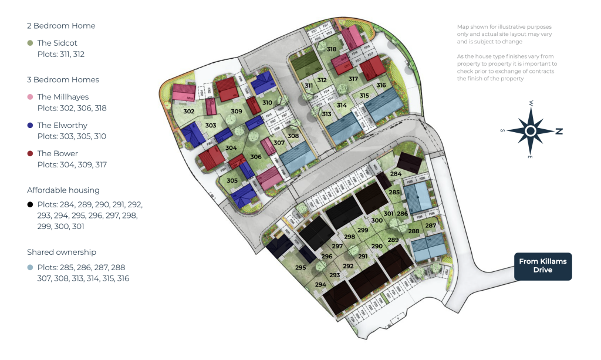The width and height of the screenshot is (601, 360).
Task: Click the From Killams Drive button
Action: pos(542,266)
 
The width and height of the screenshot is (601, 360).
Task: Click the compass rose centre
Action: pos(531,131)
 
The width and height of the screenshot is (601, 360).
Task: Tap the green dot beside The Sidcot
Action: pos(30,43)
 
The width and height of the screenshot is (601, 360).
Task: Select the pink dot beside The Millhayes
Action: pos(30,97)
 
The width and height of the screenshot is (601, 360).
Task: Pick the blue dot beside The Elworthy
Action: pos(30,125)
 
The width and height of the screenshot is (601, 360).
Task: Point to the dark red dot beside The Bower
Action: pos(30,153)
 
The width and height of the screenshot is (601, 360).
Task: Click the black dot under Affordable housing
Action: pos(30,204)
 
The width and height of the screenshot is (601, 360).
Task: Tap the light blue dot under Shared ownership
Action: pos(30,267)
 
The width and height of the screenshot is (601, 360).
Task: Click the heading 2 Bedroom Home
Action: pos(61,26)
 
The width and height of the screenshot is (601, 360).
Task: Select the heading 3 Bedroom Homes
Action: pos(63,80)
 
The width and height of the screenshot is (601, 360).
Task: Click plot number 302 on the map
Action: pos(188,112)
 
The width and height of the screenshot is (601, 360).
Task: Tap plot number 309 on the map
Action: pos(237,112)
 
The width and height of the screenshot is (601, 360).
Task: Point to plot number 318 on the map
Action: pos(332,49)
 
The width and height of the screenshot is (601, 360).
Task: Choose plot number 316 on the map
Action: pos(381,86)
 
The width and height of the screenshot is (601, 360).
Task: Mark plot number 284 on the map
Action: pos(396,174)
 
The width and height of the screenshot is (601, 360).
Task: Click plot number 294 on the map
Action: pos(320,284)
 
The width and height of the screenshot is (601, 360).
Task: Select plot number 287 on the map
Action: pos(430,226)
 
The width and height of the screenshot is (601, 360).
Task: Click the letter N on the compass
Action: pos(559,132)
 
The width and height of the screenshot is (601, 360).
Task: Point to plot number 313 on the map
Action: pos(326,114)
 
